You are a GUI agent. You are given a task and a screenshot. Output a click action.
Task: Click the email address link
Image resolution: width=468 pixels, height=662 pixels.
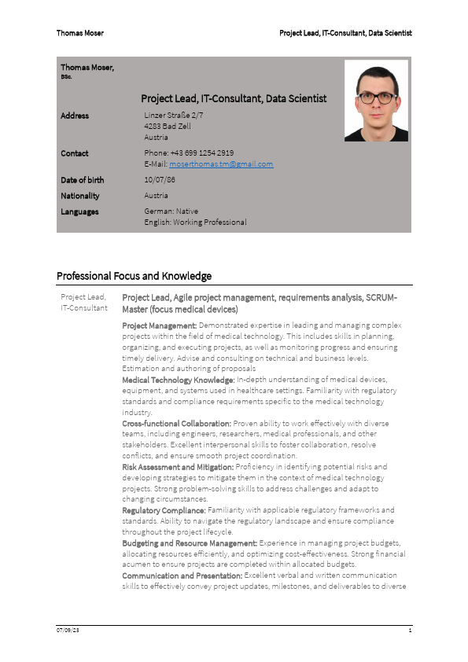coord(221,164)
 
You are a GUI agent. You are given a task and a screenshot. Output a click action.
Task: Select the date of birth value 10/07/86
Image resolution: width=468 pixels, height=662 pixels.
coord(160,180)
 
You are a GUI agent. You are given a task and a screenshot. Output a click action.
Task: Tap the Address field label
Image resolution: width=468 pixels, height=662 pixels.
coord(75,116)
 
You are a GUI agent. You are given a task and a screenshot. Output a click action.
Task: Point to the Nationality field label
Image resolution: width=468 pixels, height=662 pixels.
coord(80,196)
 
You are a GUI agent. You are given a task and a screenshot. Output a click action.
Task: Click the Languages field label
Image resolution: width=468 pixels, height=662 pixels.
coord(79,211)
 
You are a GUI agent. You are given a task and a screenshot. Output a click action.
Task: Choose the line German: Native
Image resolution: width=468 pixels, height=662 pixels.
coord(171,211)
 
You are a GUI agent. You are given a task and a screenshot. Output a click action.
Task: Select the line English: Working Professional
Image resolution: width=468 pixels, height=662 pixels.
coord(195,223)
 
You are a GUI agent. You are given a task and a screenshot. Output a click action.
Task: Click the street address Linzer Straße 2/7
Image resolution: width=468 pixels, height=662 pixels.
coord(174,116)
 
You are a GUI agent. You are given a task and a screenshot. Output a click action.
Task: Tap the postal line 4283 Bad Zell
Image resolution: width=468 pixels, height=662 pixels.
coord(168,126)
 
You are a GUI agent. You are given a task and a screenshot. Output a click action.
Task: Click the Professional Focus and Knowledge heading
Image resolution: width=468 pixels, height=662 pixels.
coord(134,276)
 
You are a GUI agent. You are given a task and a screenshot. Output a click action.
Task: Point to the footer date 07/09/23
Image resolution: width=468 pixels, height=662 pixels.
coord(68,631)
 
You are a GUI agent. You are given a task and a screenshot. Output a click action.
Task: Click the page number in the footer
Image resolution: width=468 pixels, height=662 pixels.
coord(411,631)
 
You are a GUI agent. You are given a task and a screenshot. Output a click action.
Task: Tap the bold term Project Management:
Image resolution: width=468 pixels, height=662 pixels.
coord(160,325)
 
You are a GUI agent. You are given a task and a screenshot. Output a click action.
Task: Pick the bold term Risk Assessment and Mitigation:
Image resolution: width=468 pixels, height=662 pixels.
coord(178,466)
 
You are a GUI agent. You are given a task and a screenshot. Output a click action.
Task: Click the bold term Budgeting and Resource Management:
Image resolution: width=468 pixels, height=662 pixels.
coord(190,543)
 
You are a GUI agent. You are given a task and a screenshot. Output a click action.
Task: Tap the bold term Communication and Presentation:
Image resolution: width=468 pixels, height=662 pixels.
coord(183,576)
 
